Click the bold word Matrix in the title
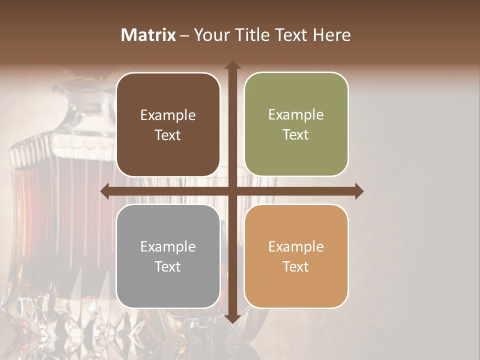pos(148,35)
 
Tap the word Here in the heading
pos(332,35)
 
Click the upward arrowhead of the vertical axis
pos(232,65)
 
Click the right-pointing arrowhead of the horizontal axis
pos(358,191)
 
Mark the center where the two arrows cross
pos(232,191)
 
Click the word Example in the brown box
pos(168,115)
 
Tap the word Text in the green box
pos(296,134)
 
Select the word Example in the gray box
pos(168,247)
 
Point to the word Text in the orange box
pos(296,266)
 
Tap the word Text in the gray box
pos(168,266)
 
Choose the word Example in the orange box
pos(296,247)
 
